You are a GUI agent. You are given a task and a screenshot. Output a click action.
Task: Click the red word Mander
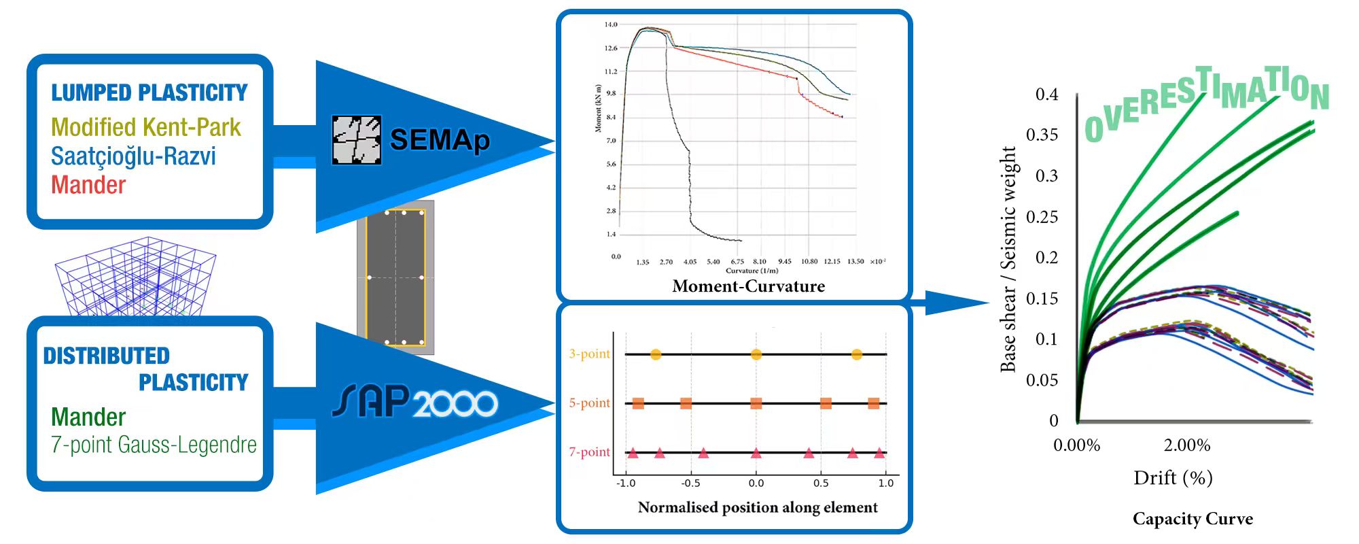click(88, 185)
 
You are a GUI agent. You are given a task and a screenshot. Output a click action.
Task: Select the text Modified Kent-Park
click(145, 127)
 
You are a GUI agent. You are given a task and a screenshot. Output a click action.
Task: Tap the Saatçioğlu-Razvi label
click(133, 156)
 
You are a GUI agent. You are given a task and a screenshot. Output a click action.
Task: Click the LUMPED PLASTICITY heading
click(149, 92)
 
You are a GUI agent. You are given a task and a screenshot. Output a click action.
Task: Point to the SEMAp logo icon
click(356, 140)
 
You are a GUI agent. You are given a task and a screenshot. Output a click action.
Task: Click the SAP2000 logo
click(415, 402)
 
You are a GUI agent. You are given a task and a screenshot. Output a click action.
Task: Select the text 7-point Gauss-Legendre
click(154, 445)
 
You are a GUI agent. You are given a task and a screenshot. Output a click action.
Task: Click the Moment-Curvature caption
click(748, 286)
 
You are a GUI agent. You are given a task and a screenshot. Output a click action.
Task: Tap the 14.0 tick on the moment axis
click(611, 24)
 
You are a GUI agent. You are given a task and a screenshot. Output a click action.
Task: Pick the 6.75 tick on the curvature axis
click(737, 262)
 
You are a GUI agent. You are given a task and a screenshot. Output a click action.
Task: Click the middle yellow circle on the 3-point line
click(756, 354)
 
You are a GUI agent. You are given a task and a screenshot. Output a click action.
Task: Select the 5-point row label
click(589, 403)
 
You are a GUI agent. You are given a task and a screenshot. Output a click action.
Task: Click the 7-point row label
click(589, 452)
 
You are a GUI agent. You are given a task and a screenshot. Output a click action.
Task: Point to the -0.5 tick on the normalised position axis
click(690, 483)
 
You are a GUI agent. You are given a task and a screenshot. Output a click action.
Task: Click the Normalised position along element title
click(758, 507)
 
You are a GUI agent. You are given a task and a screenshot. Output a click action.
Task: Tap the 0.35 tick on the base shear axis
click(1042, 135)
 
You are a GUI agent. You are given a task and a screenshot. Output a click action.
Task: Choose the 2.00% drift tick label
click(1186, 445)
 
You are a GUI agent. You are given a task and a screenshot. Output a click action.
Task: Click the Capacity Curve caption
click(1193, 519)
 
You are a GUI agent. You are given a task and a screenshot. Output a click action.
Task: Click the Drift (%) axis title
click(1173, 478)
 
